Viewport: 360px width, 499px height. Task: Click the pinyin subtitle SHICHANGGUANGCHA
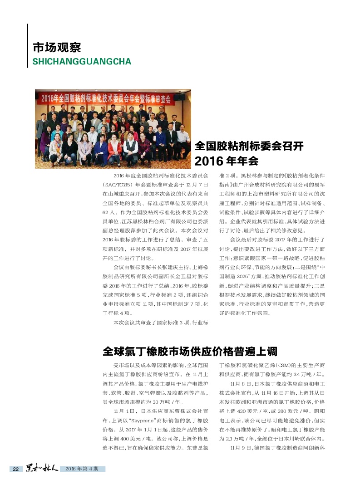(x=82, y=61)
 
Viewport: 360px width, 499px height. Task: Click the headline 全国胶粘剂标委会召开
(x=249, y=146)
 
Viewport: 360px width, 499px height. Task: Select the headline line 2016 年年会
(x=226, y=161)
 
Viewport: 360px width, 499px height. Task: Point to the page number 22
(x=15, y=469)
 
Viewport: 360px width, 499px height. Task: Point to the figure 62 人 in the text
(x=109, y=212)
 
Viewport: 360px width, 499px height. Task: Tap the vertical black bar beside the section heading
(x=28, y=45)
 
